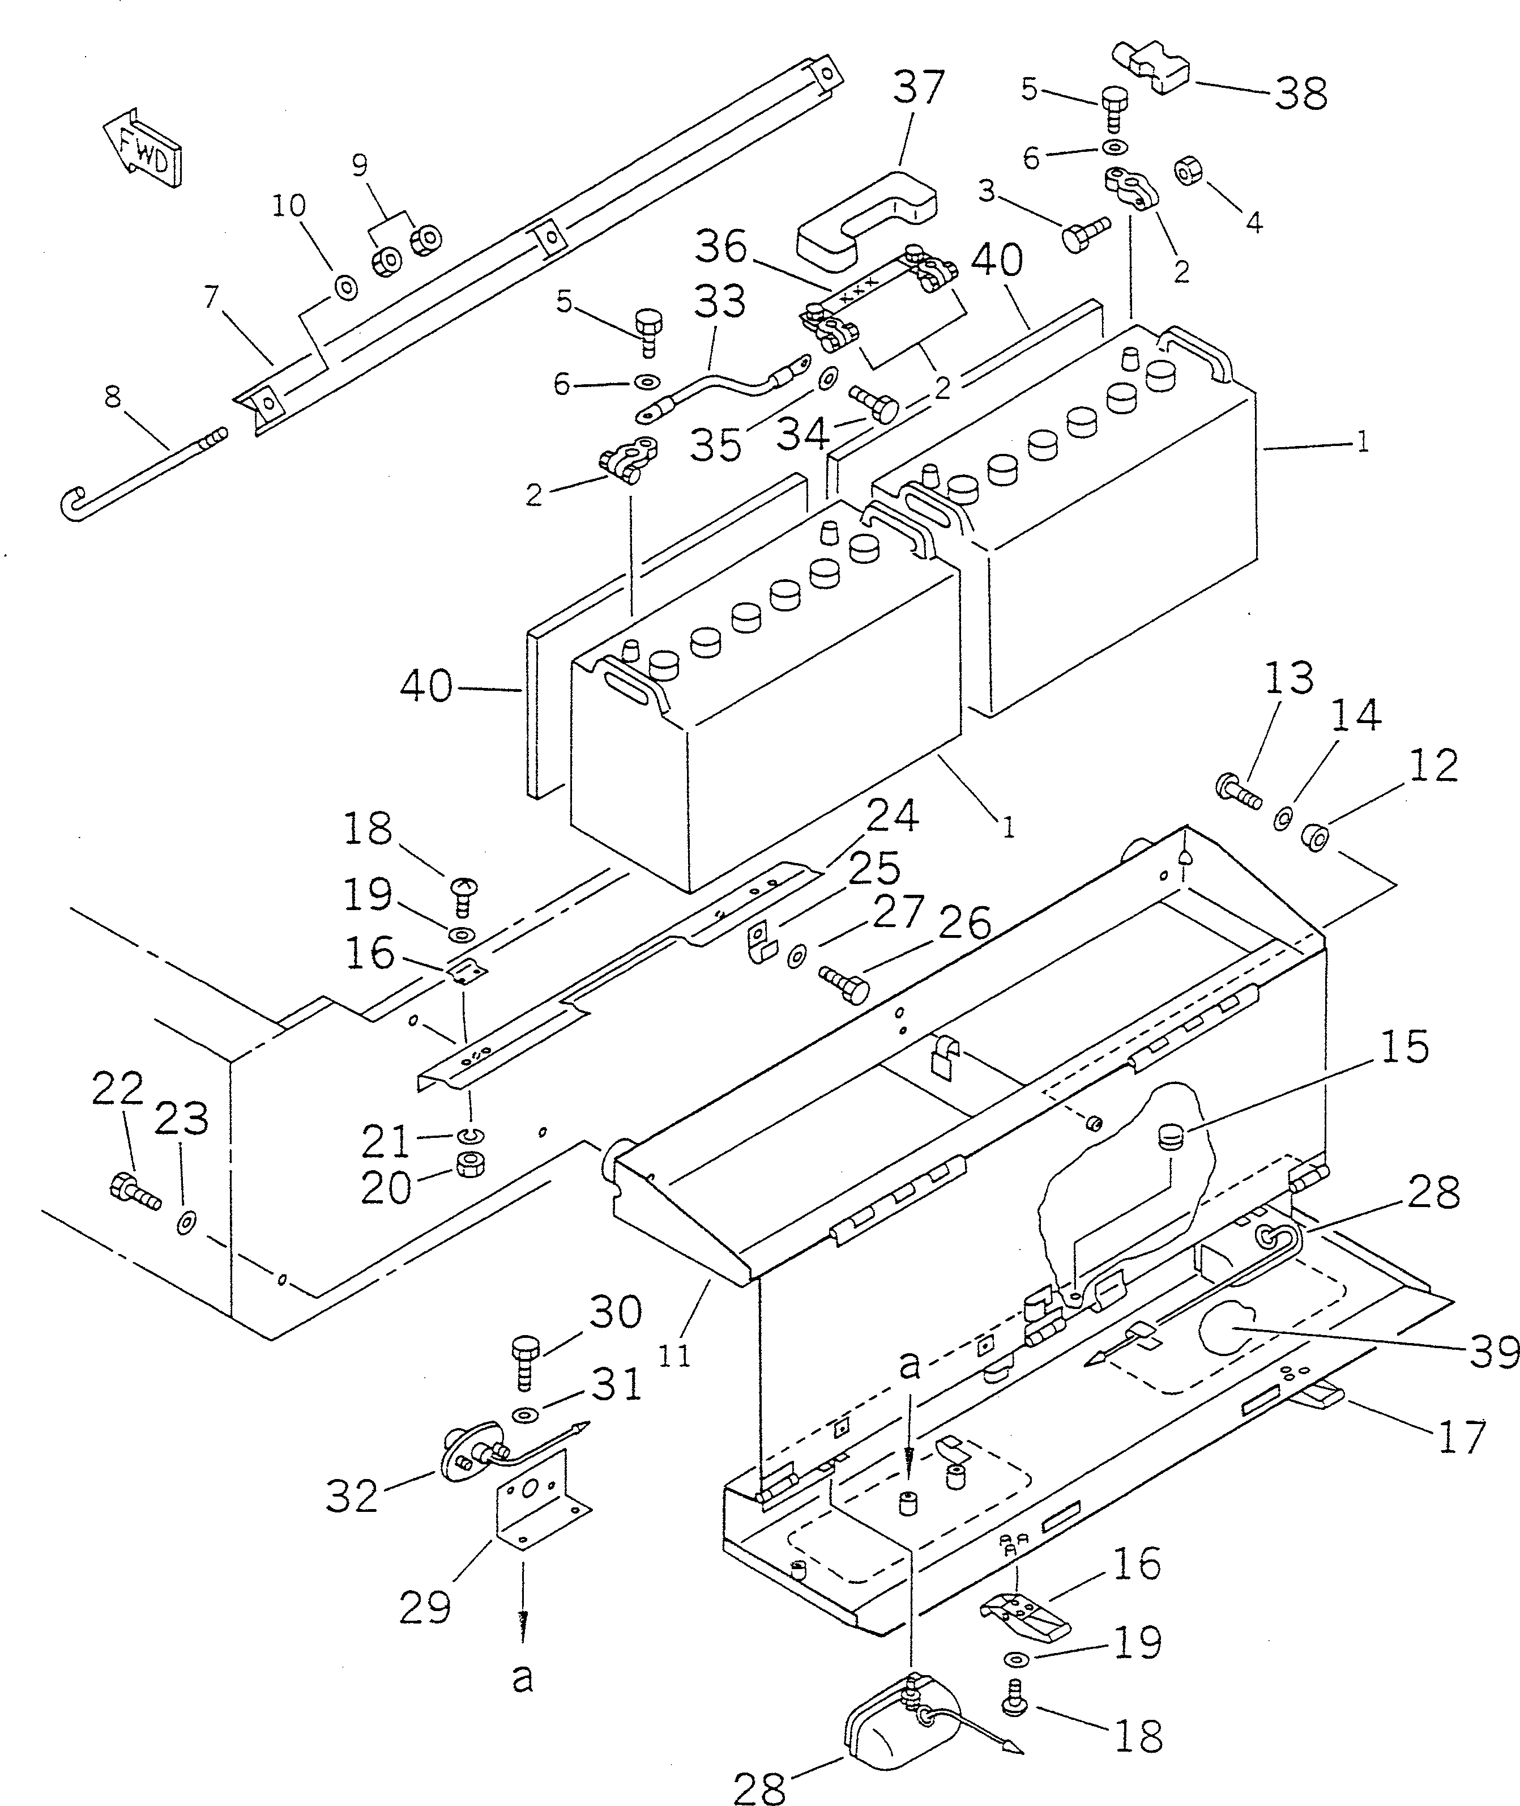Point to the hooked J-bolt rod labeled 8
click(138, 470)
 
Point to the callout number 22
click(117, 1090)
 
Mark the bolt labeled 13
click(1237, 791)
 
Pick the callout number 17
click(1462, 1435)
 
